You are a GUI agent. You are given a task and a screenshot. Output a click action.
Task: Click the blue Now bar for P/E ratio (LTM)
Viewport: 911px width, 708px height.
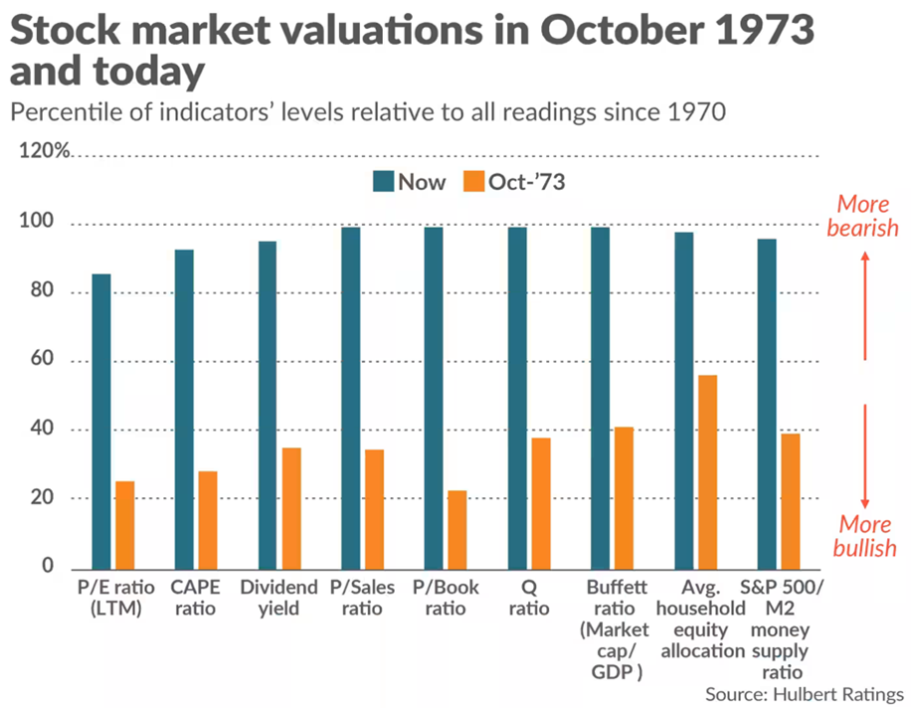(x=101, y=421)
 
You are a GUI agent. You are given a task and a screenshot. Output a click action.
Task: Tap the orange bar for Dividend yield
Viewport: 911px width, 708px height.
(x=291, y=507)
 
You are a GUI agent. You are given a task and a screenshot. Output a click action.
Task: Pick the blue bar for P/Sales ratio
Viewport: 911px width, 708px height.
(x=351, y=397)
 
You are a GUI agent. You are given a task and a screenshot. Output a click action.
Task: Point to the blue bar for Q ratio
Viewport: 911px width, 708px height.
(x=517, y=397)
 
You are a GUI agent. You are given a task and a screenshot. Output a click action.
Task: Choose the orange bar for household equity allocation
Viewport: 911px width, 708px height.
(x=707, y=471)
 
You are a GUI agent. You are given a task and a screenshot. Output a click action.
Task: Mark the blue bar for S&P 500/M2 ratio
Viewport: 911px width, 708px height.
(x=767, y=403)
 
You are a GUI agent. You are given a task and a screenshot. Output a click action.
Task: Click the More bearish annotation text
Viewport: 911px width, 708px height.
(x=865, y=216)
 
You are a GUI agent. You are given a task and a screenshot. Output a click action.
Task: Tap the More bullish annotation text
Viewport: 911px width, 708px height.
(x=865, y=536)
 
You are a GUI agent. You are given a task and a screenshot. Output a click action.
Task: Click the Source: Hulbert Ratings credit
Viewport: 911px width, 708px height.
(x=805, y=694)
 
